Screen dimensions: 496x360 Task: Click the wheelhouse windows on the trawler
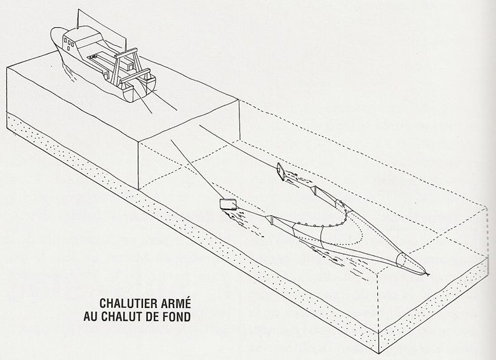[x=69, y=43]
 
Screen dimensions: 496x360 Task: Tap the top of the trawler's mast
[x=78, y=10]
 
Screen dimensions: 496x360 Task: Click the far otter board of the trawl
[x=281, y=171]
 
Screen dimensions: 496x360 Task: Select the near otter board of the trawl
[x=228, y=204]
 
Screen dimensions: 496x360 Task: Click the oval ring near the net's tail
[x=400, y=260]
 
